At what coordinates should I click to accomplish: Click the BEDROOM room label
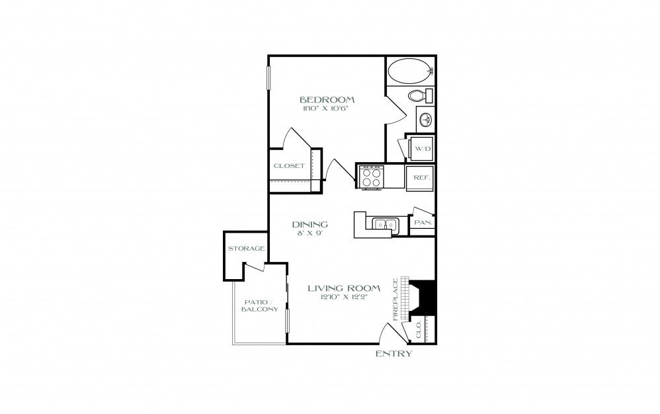[x=327, y=100]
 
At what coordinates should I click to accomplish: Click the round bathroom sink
[x=426, y=119]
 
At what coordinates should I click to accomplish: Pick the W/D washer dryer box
[x=421, y=149]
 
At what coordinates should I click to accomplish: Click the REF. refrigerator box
[x=421, y=177]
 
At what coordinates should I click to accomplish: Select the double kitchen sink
[x=385, y=225]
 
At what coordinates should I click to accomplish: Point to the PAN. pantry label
[x=423, y=222]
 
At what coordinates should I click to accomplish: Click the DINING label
[x=310, y=224]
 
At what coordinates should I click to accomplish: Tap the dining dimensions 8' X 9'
[x=310, y=233]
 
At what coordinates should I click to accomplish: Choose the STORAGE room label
[x=246, y=248]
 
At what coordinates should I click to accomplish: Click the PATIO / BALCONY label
[x=260, y=306]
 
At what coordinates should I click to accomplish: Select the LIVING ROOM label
[x=345, y=288]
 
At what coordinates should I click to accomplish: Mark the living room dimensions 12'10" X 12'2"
[x=344, y=298]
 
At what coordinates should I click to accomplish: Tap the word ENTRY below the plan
[x=394, y=353]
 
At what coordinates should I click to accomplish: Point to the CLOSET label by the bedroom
[x=289, y=166]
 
